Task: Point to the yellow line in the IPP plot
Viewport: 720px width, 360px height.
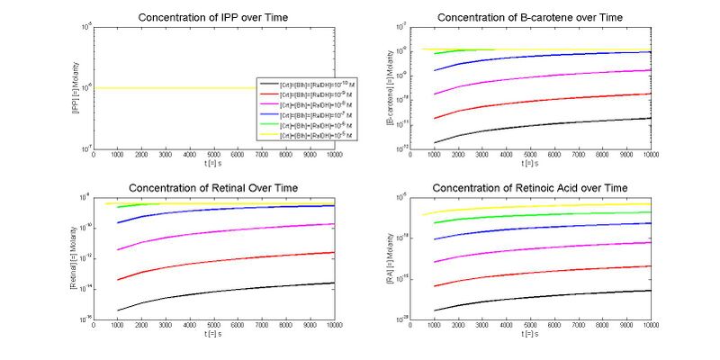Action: (180, 87)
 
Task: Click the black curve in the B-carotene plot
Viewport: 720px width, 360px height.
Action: (540, 124)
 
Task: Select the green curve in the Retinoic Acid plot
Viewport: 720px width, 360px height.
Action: (540, 214)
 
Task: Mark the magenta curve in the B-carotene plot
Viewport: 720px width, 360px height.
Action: (540, 77)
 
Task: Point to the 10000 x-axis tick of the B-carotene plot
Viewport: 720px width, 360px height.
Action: (649, 153)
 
